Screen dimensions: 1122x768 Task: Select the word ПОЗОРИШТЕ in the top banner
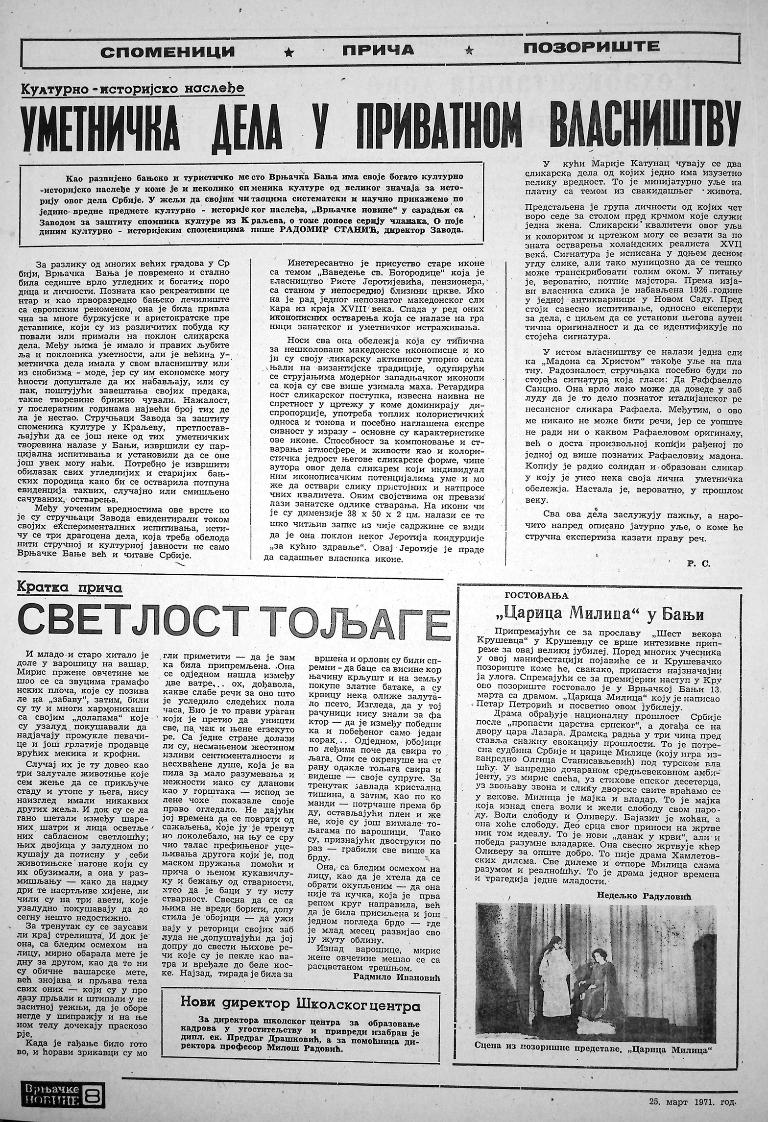tap(591, 47)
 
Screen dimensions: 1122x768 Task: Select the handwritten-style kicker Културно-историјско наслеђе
tap(132, 89)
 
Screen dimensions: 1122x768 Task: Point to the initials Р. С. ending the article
tap(695, 564)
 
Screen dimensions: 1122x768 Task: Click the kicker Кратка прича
tap(69, 588)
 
